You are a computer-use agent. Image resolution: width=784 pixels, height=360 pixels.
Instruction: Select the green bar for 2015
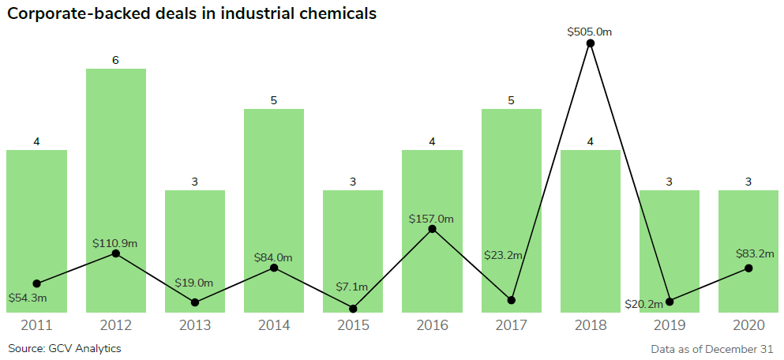point(353,237)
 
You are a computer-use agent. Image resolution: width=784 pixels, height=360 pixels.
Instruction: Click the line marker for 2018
point(591,43)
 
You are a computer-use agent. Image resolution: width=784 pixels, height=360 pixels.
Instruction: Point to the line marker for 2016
point(433,229)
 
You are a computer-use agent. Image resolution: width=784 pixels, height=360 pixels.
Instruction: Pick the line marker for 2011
point(36,283)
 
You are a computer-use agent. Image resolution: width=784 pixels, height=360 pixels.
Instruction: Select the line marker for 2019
point(670,302)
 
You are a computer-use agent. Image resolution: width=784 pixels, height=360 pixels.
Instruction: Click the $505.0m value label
point(590,32)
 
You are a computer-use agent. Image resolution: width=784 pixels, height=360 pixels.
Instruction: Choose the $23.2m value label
point(505,255)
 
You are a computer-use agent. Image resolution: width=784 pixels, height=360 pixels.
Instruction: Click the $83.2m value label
point(753,253)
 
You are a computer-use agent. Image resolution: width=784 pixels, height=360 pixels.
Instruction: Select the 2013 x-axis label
point(195,325)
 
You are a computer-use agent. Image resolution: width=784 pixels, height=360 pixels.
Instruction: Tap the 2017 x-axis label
point(511,325)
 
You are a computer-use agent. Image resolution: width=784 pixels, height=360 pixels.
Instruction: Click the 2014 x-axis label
point(274,325)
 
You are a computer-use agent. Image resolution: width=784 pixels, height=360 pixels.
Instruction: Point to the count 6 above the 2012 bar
point(115,60)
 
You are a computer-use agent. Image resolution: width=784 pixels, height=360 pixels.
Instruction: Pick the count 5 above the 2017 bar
point(511,100)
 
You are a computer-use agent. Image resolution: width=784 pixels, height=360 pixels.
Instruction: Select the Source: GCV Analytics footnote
point(65,348)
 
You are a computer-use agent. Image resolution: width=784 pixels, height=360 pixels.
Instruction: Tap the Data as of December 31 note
point(712,348)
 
